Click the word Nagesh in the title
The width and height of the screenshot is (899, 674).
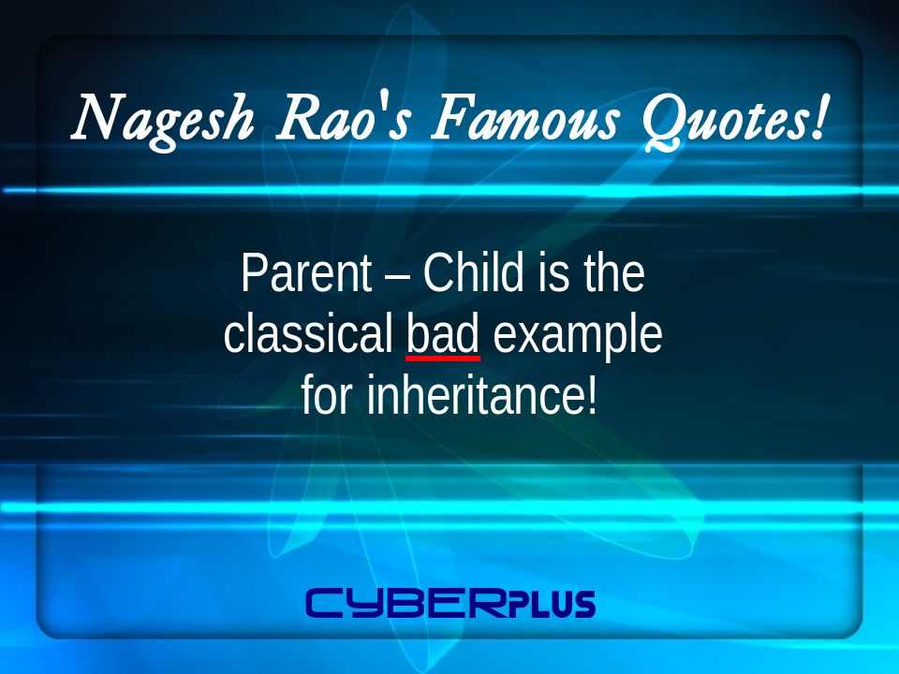coord(163,119)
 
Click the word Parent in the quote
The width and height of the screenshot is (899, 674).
coord(307,273)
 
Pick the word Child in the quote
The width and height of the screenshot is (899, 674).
coord(474,272)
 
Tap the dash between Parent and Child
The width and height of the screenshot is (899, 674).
coord(398,277)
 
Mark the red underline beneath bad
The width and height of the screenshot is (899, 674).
coord(443,359)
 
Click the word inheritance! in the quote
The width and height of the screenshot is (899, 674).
coord(482,395)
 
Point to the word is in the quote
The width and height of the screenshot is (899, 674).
coord(553,272)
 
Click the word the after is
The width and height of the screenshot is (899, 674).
coord(614,272)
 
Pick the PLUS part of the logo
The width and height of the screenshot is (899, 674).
coord(553,605)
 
